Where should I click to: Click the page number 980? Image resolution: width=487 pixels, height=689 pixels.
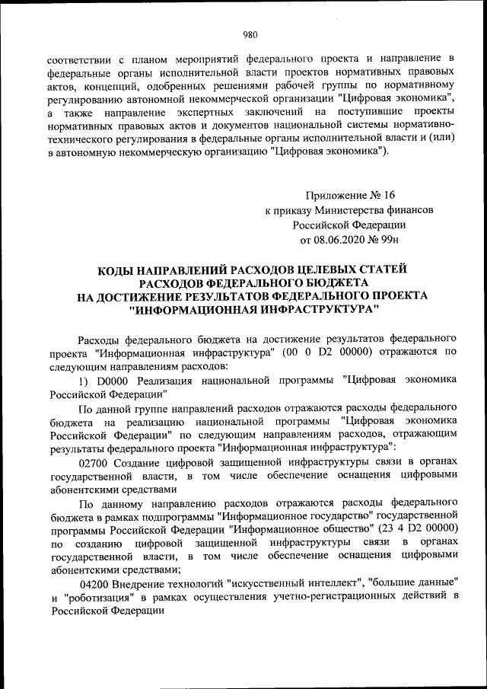(x=250, y=33)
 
